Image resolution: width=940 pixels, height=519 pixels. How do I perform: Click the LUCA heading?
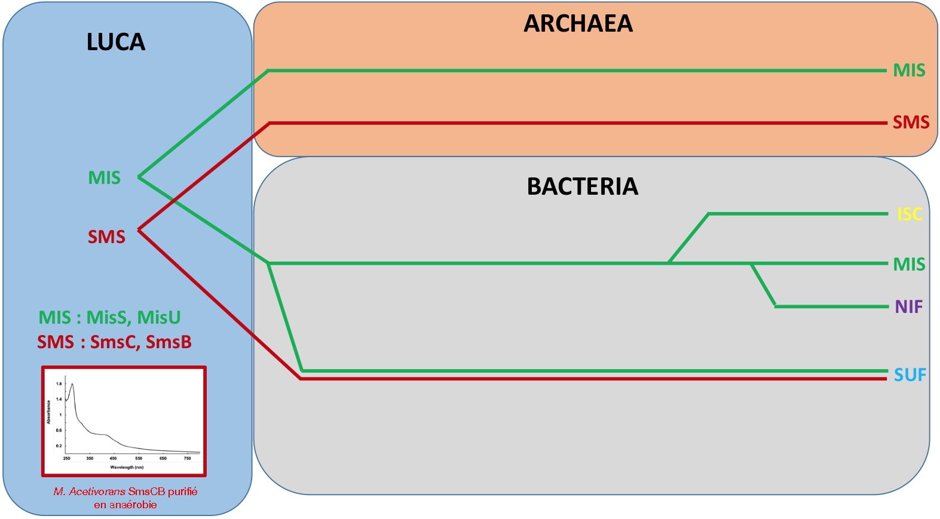pos(116,42)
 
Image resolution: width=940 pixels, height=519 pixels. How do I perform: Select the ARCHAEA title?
pos(578,23)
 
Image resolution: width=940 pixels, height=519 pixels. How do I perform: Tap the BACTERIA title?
pos(582,186)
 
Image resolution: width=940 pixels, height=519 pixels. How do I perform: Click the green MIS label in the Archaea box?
pos(909,70)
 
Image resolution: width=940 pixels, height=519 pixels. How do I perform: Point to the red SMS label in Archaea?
pos(911,122)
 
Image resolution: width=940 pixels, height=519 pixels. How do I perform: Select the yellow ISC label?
pos(910,214)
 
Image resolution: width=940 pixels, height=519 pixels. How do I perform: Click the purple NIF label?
pos(908,307)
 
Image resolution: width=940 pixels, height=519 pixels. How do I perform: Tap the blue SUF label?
pos(910,375)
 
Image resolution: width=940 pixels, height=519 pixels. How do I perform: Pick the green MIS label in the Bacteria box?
pos(909,264)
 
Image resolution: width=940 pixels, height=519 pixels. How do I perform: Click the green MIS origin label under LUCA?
pos(104,178)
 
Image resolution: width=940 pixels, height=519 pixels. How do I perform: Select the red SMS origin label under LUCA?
pos(106,237)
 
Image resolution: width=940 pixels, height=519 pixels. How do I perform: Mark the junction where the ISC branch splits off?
pos(669,263)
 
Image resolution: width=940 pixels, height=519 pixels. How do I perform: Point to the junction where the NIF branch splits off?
pos(752,263)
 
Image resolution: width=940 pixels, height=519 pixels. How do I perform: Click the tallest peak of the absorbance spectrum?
pos(72,384)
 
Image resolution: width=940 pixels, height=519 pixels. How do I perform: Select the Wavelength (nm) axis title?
pos(127,468)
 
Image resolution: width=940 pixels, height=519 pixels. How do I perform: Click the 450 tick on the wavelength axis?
pos(113,459)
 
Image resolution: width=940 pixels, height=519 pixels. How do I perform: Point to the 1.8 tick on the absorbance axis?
pos(59,383)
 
